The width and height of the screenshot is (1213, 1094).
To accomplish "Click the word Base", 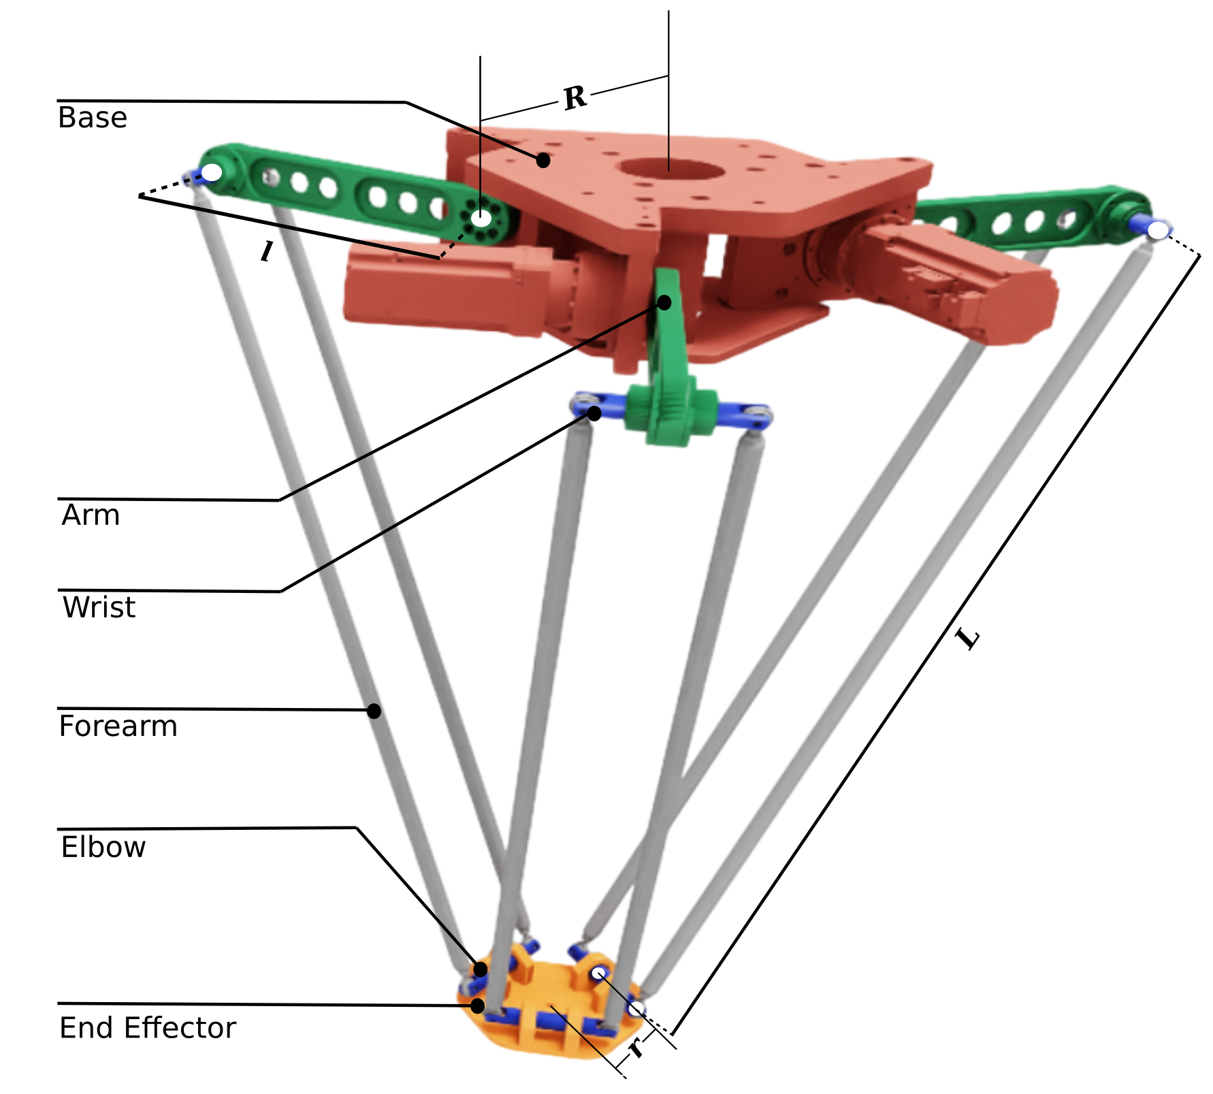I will [x=93, y=118].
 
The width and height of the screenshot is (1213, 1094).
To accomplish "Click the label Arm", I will [x=91, y=515].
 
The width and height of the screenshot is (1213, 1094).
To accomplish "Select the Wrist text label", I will [x=99, y=607].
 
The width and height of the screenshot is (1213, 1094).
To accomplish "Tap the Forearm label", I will [x=118, y=726].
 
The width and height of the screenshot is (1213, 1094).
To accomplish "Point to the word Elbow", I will [x=103, y=848].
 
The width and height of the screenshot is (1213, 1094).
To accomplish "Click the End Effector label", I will [x=148, y=1028].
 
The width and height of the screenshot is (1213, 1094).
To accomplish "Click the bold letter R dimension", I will [x=575, y=98].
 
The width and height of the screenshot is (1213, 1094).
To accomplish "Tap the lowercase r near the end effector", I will [x=636, y=1048].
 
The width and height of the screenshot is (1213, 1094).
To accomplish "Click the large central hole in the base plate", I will [x=670, y=168].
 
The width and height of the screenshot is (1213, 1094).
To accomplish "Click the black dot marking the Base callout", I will [x=543, y=160].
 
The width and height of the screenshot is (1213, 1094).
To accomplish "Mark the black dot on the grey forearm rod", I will [x=374, y=711].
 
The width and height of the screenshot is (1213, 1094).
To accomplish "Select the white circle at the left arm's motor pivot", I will [x=481, y=219].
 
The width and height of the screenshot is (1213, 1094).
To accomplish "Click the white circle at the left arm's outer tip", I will [x=212, y=172].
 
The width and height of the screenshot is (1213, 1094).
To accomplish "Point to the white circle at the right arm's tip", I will [x=1157, y=231].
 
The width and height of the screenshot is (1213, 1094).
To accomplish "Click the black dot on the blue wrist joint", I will [x=594, y=413].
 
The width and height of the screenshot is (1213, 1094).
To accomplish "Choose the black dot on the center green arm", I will [x=664, y=302].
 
